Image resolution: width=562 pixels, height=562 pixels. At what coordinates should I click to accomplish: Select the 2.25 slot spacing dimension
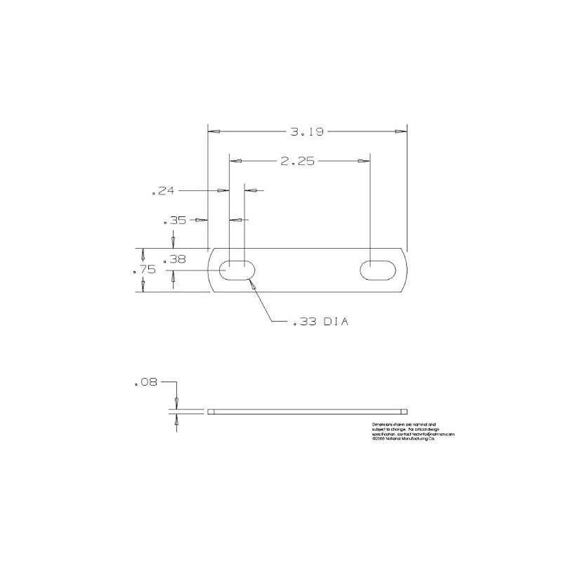coord(296,161)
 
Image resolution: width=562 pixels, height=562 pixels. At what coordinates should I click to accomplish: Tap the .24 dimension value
coord(163,190)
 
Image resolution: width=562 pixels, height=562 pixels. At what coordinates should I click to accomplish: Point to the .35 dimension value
coord(175,221)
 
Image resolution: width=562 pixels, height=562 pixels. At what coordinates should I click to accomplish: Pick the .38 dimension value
coord(174,259)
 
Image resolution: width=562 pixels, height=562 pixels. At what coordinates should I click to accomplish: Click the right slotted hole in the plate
coord(379,269)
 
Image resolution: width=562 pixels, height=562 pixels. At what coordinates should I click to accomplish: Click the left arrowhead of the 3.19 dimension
coord(214,131)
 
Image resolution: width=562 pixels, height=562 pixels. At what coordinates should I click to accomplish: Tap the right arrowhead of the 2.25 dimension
coord(363,161)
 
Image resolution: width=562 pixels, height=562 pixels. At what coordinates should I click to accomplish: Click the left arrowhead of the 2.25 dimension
coord(237,161)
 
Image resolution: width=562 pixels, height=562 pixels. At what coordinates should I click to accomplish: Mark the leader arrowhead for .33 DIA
coord(252,285)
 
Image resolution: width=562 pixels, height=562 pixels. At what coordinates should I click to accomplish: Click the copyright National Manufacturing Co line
coord(403,440)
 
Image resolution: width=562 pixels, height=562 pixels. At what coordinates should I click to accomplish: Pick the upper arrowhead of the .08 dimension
coord(176,402)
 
